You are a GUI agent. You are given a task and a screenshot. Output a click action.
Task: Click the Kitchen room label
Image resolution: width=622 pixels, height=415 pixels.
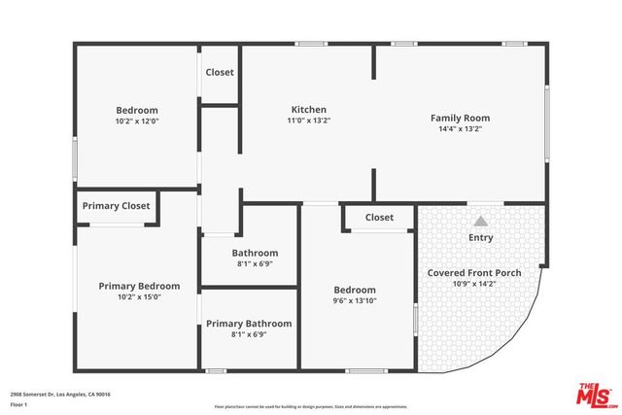click(309, 109)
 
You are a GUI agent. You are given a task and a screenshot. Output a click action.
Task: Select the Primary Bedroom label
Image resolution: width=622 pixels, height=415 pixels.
click(139, 286)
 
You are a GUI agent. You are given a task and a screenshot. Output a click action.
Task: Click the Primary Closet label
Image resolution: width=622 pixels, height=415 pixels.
click(116, 205)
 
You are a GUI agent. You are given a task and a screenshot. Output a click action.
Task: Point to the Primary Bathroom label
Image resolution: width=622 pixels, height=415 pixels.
click(249, 324)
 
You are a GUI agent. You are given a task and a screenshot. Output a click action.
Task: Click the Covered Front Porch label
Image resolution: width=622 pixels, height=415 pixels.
click(474, 273)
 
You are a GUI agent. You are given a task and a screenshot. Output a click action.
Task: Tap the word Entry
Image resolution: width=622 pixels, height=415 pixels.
click(481, 237)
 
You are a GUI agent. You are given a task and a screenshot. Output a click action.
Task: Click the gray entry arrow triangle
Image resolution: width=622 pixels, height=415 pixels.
click(481, 221)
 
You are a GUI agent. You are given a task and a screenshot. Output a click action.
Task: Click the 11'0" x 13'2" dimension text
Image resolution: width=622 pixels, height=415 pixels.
click(309, 121)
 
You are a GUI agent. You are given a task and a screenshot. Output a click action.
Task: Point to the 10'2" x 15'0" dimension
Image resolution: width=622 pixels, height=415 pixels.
click(139, 297)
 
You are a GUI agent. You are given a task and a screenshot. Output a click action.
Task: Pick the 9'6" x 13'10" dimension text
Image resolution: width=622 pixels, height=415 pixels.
click(355, 301)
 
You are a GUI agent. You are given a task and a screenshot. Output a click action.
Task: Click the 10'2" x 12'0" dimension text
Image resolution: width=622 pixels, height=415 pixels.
click(137, 121)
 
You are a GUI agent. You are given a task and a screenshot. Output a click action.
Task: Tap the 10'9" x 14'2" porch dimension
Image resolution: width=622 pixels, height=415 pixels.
click(474, 284)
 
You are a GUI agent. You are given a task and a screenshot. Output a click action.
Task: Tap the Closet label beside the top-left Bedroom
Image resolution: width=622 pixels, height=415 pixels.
click(220, 72)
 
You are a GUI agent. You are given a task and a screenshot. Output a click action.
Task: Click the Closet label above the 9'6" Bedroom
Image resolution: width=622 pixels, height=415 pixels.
click(379, 217)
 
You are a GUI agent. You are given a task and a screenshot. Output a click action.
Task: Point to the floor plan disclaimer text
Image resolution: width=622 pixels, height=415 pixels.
click(311, 406)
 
